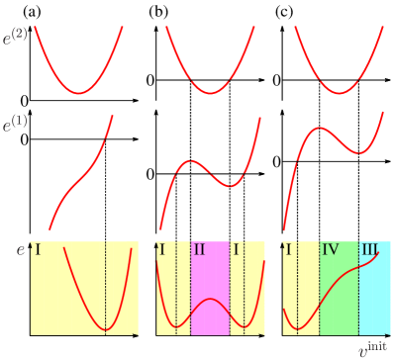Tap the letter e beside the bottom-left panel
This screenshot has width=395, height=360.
[20, 250]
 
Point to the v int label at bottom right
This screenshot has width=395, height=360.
[371, 348]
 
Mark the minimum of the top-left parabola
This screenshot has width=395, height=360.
[79, 93]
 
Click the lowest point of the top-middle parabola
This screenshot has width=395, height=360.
[209, 93]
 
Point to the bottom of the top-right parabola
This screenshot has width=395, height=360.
[338, 93]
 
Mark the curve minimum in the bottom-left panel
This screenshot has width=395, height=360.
[106, 328]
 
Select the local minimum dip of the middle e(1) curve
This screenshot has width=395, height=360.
[229, 185]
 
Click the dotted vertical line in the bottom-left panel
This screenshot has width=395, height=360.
[106, 287]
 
